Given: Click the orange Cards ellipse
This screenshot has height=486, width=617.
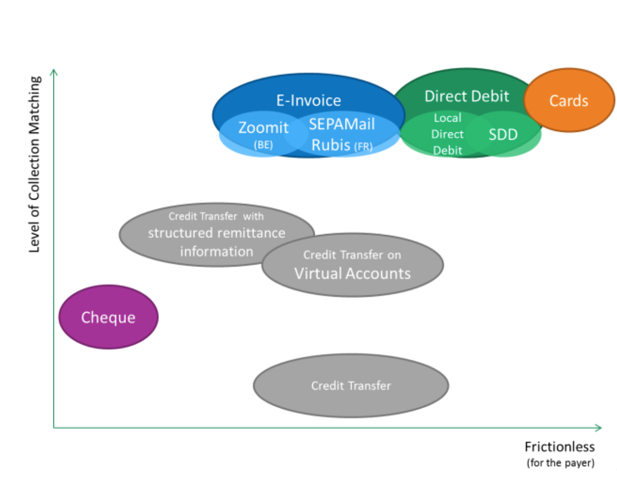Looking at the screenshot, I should point(569,100).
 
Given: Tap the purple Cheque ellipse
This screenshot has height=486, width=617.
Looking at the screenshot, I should point(108,317).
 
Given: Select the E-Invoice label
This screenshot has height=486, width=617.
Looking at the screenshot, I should point(309,100).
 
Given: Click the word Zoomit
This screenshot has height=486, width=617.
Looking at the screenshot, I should point(263,127).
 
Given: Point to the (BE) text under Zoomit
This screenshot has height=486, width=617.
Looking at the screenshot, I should point(263,145).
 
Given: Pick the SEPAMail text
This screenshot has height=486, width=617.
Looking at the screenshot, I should point(342,124).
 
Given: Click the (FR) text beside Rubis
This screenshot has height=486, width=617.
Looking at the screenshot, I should point(363,147).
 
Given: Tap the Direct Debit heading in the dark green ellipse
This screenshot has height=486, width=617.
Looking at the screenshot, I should point(467,96).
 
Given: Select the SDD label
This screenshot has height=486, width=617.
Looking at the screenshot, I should point(503,134).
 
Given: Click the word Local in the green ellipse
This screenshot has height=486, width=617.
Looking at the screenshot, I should point(448,118).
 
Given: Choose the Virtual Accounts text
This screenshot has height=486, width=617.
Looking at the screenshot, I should point(352,274).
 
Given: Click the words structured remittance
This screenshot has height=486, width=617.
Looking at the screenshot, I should point(216,233).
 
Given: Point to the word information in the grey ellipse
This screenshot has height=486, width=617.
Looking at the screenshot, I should point(216,252).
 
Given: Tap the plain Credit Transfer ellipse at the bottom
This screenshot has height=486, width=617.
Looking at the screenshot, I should point(351,386).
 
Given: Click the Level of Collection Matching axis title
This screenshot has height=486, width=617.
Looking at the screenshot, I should point(35,164).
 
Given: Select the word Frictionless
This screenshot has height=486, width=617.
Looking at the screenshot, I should point(560,447).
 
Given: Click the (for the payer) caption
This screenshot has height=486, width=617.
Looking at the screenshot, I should point(560,463).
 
